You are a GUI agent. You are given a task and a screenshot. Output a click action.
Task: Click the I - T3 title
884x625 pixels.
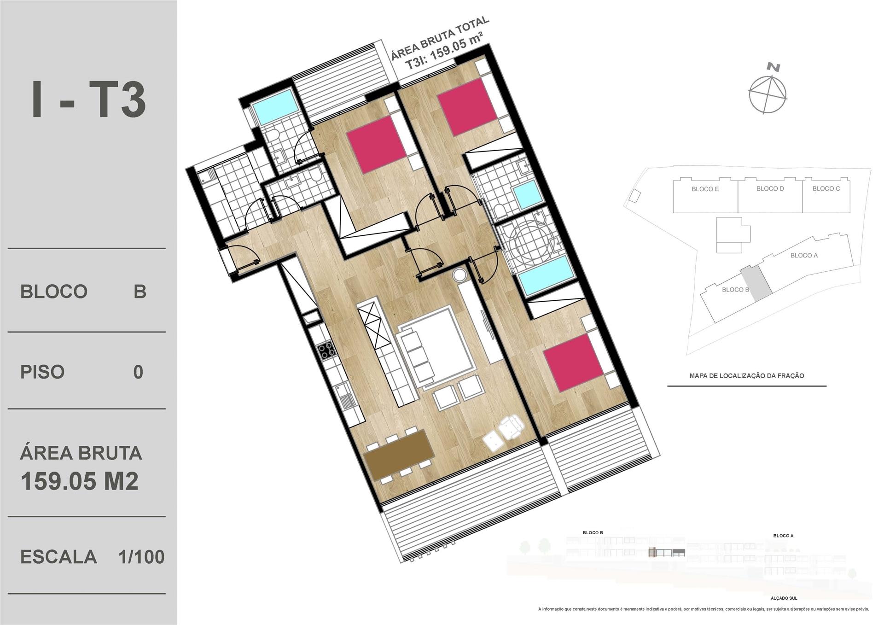click(88, 99)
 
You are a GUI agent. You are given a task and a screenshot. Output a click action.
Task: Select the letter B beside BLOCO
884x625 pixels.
click(140, 292)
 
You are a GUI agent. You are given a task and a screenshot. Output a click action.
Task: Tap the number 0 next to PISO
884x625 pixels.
click(138, 372)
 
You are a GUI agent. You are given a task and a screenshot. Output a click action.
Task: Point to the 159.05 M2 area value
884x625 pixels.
click(80, 481)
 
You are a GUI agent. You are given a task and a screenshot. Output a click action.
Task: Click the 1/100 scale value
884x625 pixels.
click(141, 557)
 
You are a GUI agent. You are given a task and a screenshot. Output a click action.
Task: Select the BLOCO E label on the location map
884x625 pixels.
click(705, 189)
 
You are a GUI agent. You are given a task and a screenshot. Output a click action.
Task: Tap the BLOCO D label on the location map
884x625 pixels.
click(770, 189)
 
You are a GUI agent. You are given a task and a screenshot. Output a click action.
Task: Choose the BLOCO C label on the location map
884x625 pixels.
click(826, 189)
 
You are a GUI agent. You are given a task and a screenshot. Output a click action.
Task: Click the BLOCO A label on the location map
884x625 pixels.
click(804, 256)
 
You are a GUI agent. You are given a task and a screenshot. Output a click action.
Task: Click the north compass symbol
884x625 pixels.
click(768, 91)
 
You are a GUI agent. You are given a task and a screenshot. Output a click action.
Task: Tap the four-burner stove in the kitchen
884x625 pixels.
click(327, 350)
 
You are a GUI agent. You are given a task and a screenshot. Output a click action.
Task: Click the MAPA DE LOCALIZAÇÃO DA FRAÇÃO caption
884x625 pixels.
click(747, 376)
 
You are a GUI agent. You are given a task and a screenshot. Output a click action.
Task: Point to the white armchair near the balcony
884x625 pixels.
click(511, 426)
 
